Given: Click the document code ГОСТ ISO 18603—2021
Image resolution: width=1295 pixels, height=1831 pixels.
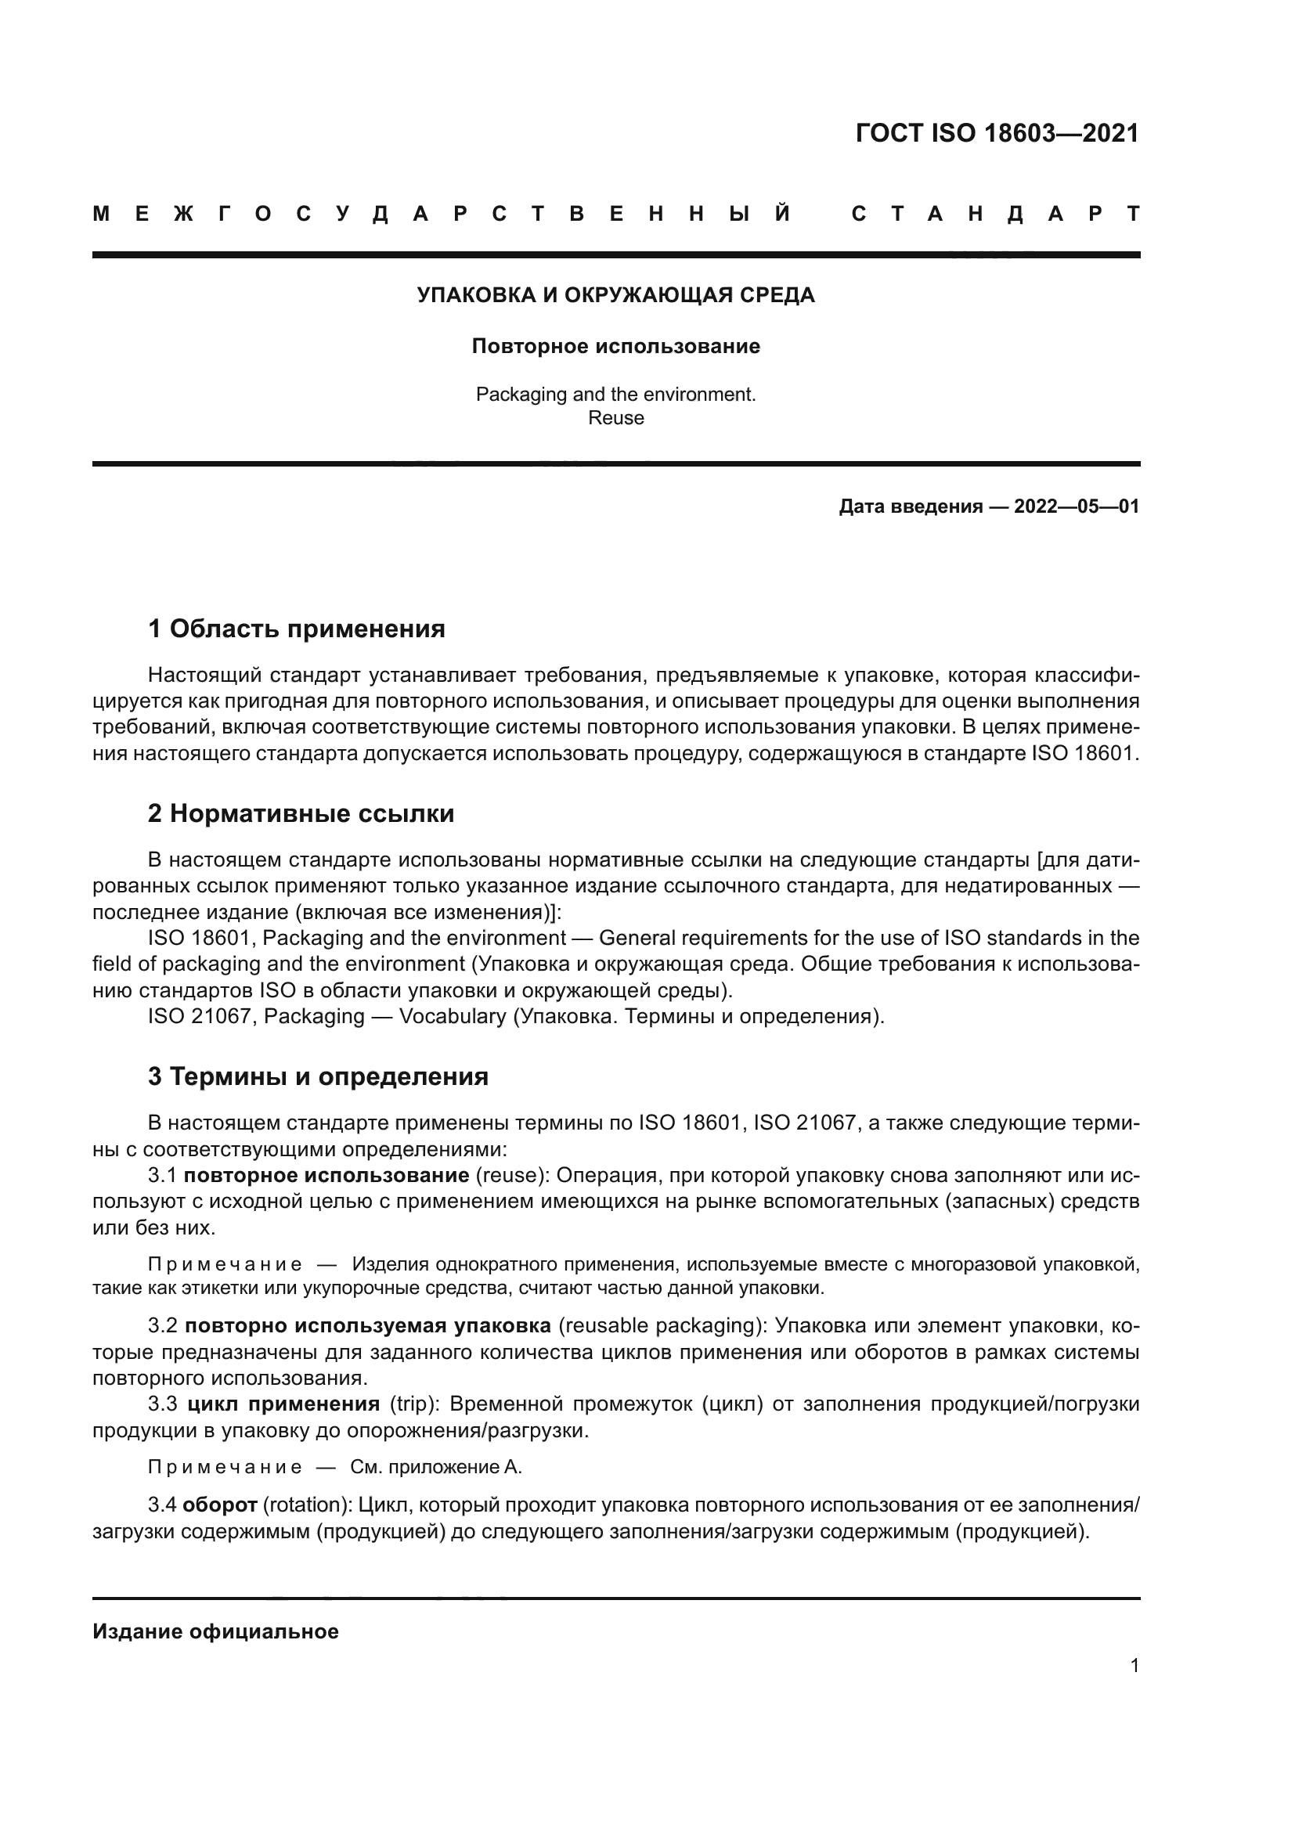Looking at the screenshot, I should point(997,133).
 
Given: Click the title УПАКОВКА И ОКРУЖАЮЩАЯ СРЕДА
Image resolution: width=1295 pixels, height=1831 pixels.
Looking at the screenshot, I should point(615,296).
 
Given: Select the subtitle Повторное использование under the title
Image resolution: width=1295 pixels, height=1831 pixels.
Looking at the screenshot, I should point(615,347).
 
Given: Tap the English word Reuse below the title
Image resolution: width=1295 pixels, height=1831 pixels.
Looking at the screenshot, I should point(615,418).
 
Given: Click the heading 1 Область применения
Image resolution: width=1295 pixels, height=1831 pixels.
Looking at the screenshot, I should point(297,629).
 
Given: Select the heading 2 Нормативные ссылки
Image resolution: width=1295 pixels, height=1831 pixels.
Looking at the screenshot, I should point(301,813).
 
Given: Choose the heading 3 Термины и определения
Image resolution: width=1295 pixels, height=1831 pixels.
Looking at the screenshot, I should point(318,1076).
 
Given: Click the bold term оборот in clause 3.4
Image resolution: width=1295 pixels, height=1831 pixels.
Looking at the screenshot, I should point(219,1505).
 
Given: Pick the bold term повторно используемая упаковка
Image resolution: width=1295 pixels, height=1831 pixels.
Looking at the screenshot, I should point(368,1325).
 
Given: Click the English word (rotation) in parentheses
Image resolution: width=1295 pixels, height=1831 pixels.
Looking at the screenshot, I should point(308,1505).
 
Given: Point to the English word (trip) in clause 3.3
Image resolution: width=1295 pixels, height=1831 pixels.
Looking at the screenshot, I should point(414,1404).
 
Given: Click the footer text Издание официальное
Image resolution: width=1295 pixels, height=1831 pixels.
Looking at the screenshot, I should point(215,1631).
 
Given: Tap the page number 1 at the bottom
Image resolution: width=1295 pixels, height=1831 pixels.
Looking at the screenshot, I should point(1134,1665).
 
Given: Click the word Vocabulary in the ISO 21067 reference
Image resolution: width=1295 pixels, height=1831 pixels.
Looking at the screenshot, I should point(452,1016).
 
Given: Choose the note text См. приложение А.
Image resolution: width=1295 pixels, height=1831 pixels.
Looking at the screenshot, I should point(436,1466).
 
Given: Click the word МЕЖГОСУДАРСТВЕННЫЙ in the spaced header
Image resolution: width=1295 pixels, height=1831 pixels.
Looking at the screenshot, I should point(442,214).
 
